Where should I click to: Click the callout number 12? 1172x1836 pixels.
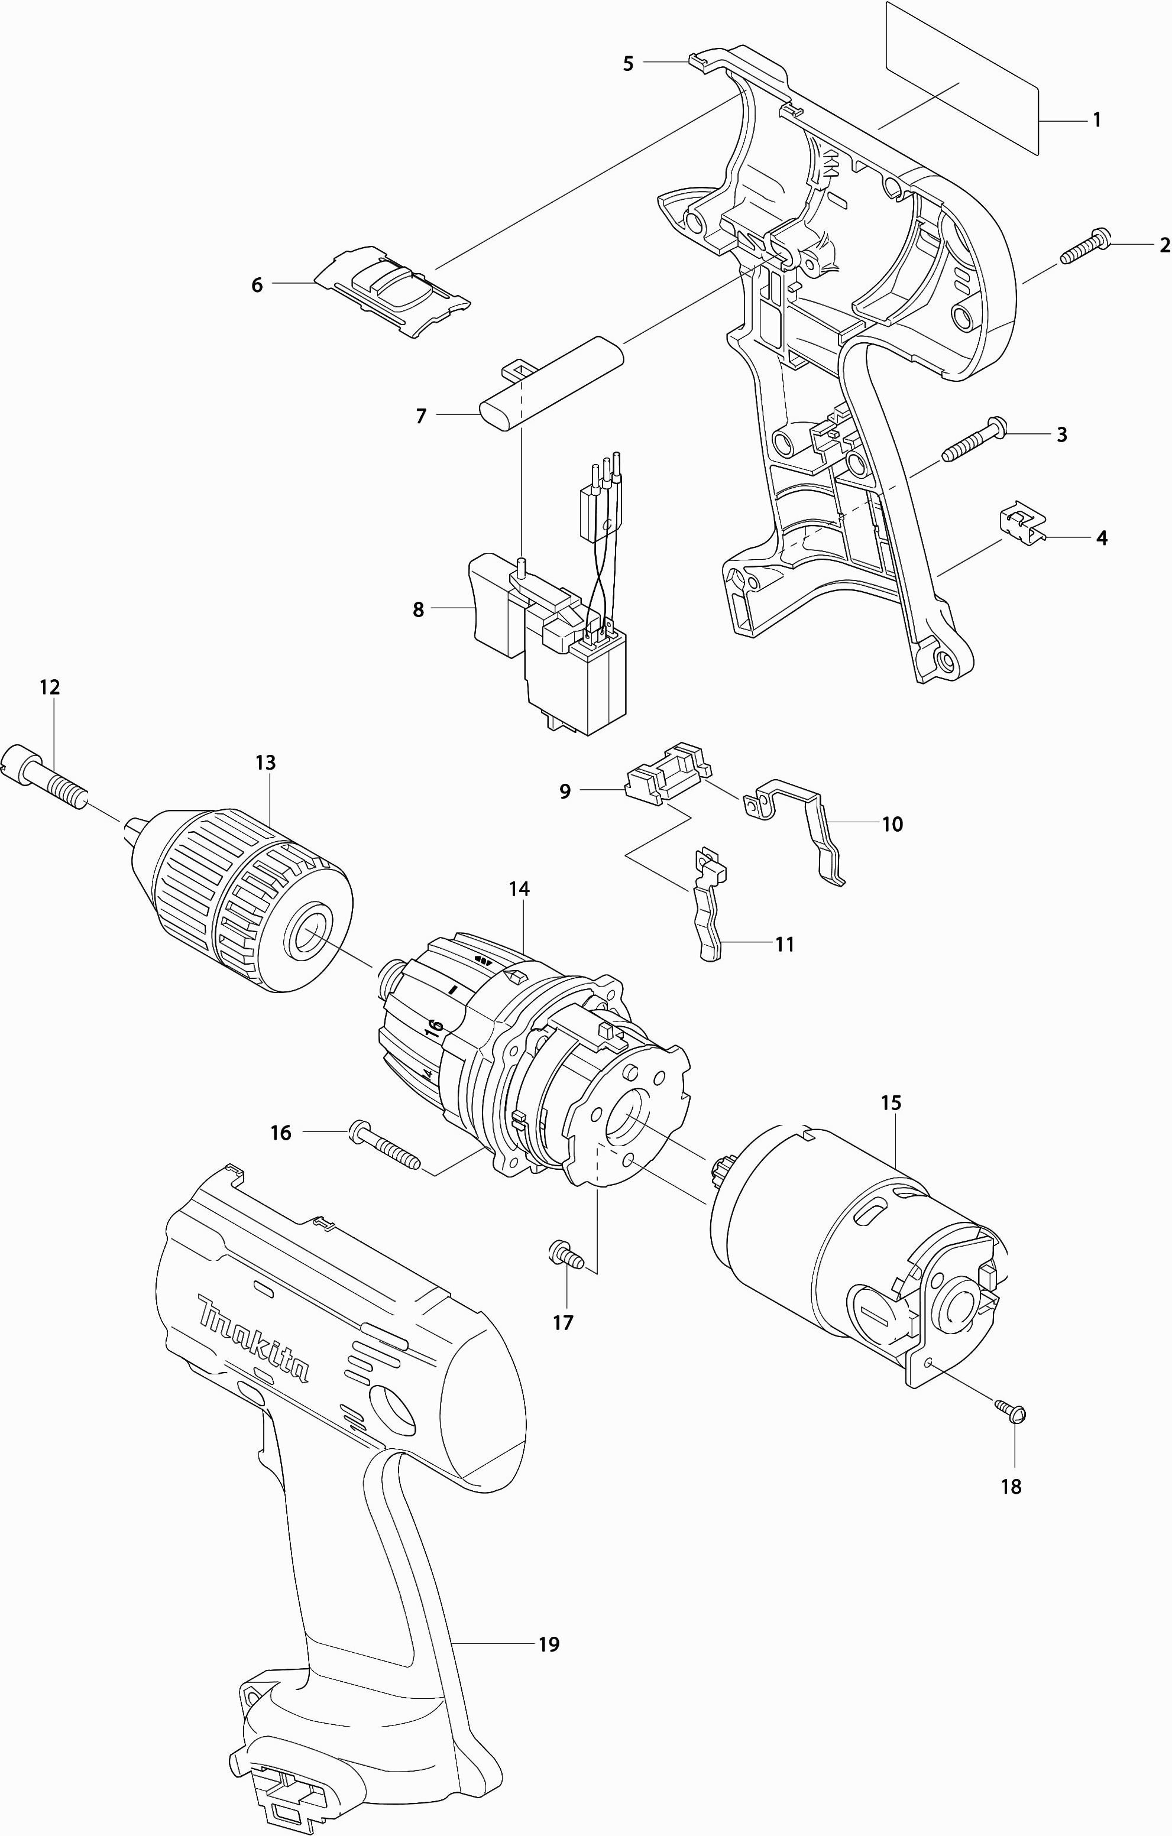(49, 687)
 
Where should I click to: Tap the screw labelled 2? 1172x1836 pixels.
(1085, 247)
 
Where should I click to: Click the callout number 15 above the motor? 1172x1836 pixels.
(891, 1102)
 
